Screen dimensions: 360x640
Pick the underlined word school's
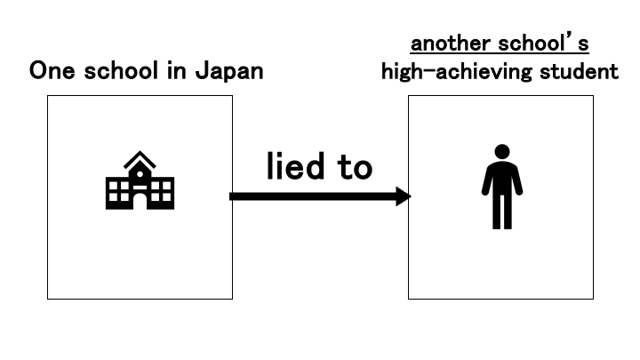[x=543, y=44]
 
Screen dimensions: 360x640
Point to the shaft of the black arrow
[x=311, y=196]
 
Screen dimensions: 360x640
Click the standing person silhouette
[x=501, y=187]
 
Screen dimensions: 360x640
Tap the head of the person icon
[x=501, y=152]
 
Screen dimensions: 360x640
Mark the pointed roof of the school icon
[x=140, y=159]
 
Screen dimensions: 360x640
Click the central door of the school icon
[x=140, y=200]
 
